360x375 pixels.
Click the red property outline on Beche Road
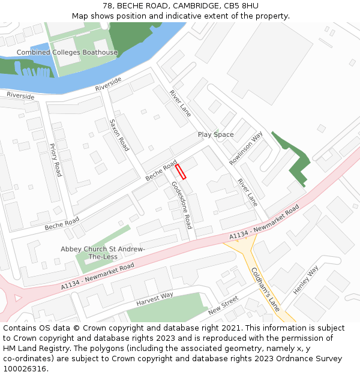pyautogui.click(x=181, y=171)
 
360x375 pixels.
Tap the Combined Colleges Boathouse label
pyautogui.click(x=67, y=53)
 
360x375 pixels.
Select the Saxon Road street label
pyautogui.click(x=119, y=134)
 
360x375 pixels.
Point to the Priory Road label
pyautogui.click(x=55, y=160)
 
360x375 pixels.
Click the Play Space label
pyautogui.click(x=215, y=134)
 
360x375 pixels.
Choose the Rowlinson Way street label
pyautogui.click(x=246, y=149)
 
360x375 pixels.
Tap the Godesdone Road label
pyautogui.click(x=181, y=205)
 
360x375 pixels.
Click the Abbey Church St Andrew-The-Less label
pyautogui.click(x=103, y=253)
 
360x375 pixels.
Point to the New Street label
pyautogui.click(x=223, y=306)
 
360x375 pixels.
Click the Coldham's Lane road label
pyautogui.click(x=265, y=289)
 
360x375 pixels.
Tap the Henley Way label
pyautogui.click(x=305, y=280)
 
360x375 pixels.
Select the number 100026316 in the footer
pyautogui.click(x=23, y=369)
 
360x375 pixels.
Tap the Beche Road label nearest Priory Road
pyautogui.click(x=62, y=224)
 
